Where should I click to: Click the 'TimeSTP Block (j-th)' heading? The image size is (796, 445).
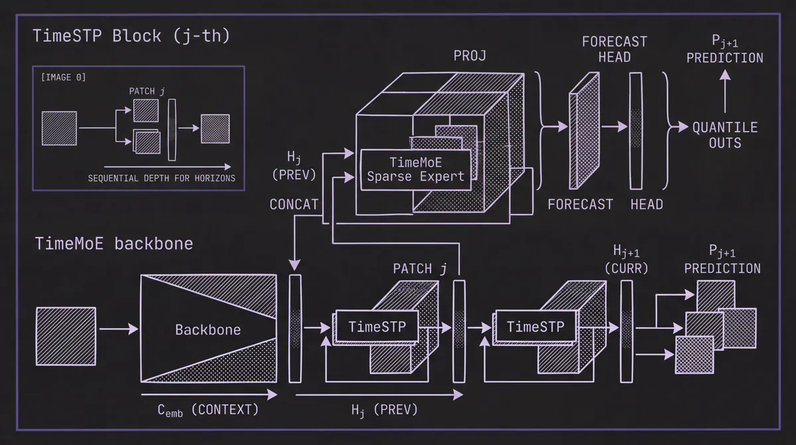pos(131,35)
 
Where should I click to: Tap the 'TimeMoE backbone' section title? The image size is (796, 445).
pos(114,244)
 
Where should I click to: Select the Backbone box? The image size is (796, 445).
pos(208,329)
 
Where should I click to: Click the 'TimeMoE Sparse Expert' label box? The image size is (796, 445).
pos(415,169)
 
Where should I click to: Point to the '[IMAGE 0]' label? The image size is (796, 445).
pos(63,78)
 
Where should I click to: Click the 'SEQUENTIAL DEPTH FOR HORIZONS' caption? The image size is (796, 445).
pos(161,178)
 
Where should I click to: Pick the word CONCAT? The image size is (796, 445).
pos(294,205)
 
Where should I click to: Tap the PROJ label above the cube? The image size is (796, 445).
pos(470,56)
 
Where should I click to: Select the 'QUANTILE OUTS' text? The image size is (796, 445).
pos(724,135)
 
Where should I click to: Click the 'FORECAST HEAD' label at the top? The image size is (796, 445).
pos(614,49)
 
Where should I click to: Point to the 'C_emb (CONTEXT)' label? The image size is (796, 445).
pos(208,410)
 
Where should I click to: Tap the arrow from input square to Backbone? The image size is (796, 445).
pos(118,329)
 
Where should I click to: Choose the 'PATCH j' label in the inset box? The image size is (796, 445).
pos(145,90)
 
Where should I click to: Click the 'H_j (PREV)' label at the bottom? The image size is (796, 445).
pos(384,410)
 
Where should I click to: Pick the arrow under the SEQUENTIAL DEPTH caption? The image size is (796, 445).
pos(166,167)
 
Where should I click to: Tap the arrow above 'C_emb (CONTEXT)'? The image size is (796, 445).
pos(208,395)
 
